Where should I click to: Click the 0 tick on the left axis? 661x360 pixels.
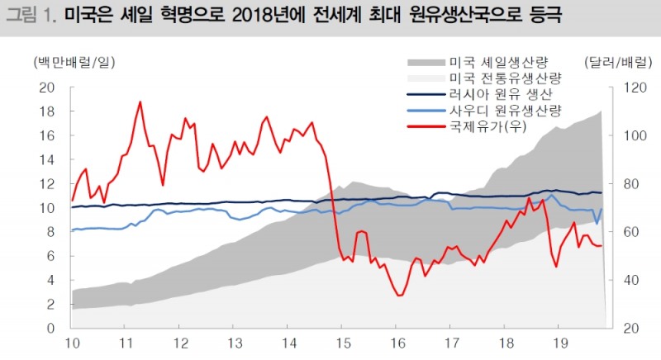click(50, 329)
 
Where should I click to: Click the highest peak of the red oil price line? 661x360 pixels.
click(140, 102)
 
